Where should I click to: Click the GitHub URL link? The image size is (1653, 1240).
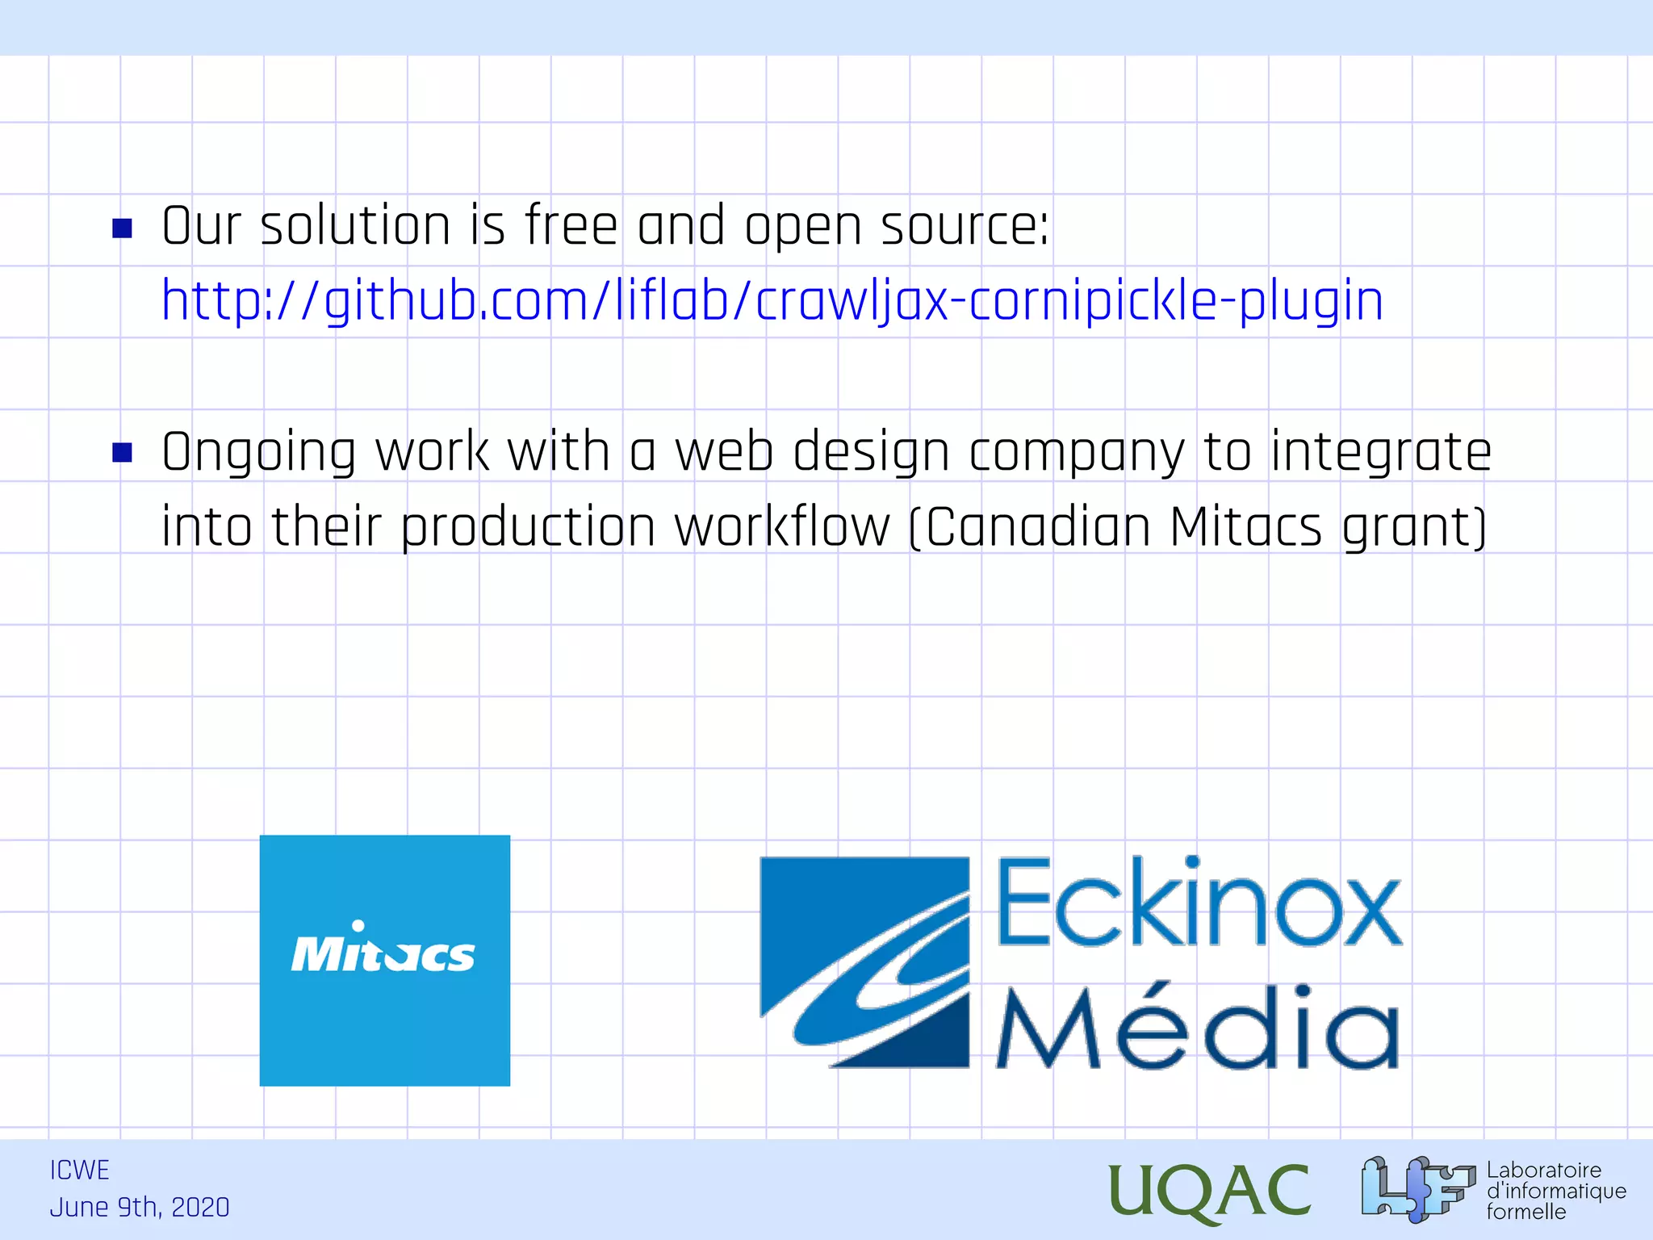tap(772, 300)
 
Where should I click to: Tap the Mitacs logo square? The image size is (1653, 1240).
tap(384, 960)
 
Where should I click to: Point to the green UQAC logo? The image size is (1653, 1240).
tap(1209, 1191)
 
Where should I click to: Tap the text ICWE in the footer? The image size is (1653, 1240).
tap(79, 1170)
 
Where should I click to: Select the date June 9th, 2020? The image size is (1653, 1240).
tap(140, 1208)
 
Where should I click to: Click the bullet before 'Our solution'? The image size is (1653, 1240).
tap(122, 228)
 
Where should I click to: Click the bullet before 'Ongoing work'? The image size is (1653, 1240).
tap(122, 453)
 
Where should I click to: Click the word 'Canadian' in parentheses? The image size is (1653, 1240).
tap(1037, 527)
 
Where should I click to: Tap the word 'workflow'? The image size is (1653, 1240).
tap(781, 527)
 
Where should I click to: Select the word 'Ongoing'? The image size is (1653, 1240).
tap(258, 453)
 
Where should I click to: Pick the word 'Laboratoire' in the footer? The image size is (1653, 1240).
tap(1543, 1170)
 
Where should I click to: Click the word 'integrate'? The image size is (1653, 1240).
tap(1380, 453)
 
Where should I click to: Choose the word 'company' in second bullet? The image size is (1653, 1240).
tap(1076, 453)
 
